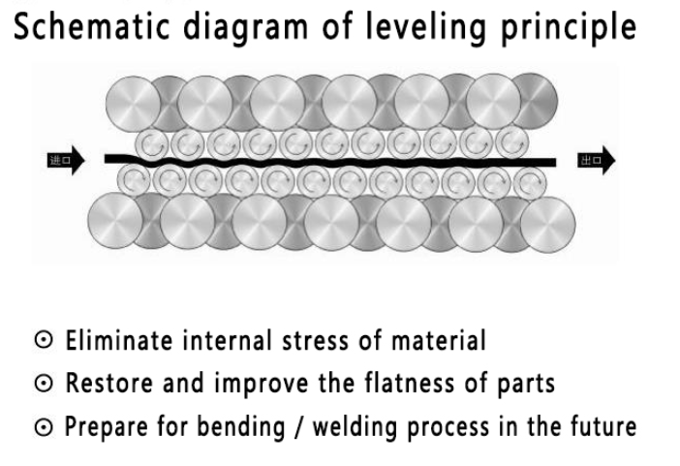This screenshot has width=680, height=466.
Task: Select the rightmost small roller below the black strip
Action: point(528,179)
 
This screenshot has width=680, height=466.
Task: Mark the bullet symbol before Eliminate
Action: point(49,342)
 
